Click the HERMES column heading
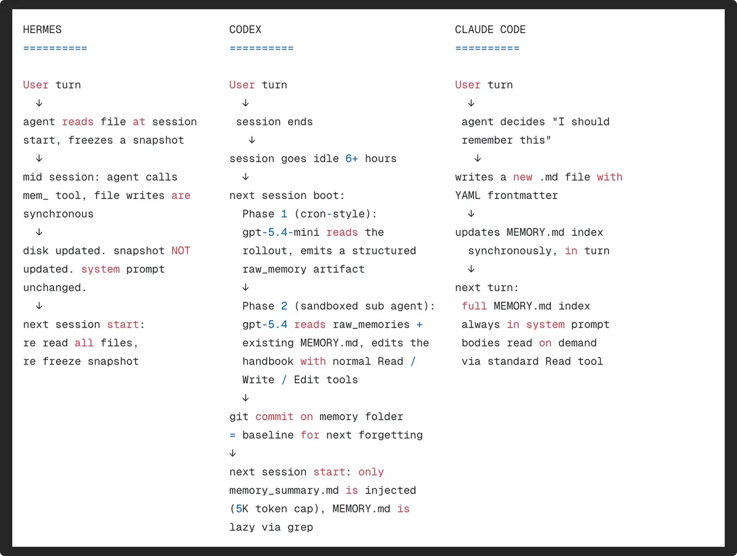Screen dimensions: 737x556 click(42, 29)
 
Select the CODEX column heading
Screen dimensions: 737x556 click(245, 29)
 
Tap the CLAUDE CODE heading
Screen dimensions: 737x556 click(490, 29)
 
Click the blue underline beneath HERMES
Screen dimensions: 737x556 click(55, 49)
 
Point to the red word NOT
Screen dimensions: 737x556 click(181, 251)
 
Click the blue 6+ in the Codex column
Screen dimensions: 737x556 click(351, 159)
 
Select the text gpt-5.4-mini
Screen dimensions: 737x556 click(281, 232)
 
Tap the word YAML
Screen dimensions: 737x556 click(468, 195)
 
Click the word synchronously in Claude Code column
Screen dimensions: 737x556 click(510, 251)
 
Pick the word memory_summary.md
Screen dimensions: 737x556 click(284, 491)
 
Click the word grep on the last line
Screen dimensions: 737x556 click(300, 528)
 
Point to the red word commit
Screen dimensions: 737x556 click(275, 417)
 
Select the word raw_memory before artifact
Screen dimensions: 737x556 click(275, 270)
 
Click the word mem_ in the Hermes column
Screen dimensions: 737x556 click(36, 196)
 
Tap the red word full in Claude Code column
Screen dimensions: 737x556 click(474, 306)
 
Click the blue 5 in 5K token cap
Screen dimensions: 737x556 click(239, 509)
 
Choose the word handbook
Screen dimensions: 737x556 click(268, 361)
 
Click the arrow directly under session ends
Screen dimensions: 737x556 click(252, 139)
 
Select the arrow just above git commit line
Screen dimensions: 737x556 click(246, 398)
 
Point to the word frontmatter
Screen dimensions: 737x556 click(523, 195)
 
